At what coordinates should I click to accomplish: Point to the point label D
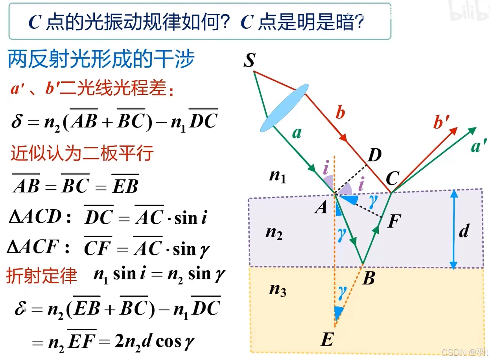[374, 155]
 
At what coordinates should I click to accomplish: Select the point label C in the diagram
[392, 179]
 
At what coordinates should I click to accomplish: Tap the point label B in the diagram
[368, 279]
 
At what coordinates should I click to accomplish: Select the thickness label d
[464, 231]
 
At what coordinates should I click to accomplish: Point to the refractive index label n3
[278, 290]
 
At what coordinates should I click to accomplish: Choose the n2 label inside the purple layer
[274, 233]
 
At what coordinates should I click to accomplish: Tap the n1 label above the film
[278, 176]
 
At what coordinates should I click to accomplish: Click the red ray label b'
[441, 123]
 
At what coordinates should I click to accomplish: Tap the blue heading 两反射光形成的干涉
[101, 60]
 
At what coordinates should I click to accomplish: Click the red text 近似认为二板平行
[82, 153]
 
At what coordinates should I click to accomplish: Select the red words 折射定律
[41, 276]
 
